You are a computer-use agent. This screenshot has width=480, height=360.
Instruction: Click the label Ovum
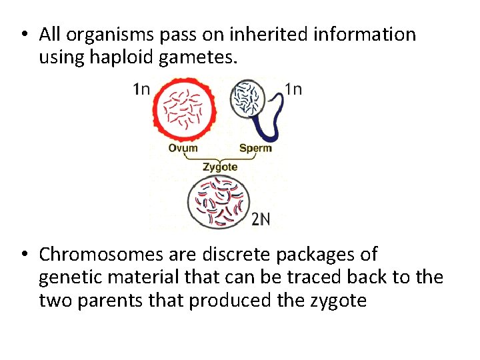(183, 147)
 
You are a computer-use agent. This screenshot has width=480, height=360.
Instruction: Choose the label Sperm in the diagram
(255, 147)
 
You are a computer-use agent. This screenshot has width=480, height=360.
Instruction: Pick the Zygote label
(219, 167)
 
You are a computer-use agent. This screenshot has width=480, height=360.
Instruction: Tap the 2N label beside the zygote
(261, 219)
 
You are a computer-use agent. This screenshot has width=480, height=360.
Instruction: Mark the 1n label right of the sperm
(293, 88)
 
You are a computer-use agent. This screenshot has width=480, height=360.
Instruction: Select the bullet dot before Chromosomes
(23, 255)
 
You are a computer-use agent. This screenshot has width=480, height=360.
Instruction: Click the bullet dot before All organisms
(23, 35)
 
